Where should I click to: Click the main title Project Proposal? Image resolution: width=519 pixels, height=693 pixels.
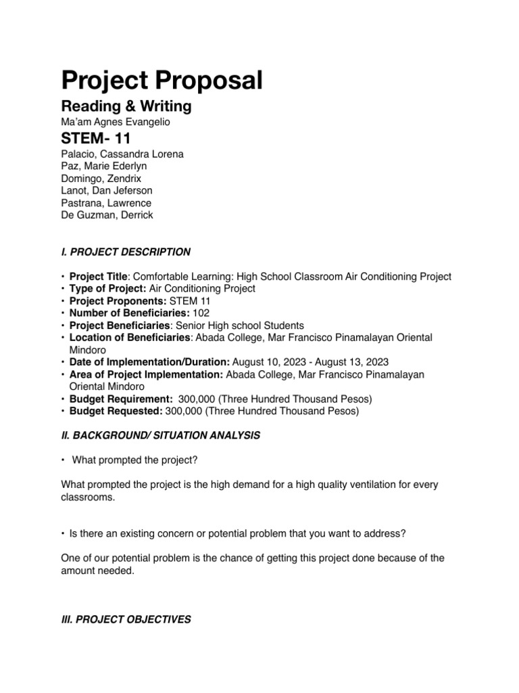click(162, 81)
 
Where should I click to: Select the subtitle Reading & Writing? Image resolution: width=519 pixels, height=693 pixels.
click(126, 106)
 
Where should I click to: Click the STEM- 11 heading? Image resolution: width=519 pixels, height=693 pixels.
click(96, 140)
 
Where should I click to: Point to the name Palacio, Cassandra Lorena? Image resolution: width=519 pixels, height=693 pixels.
click(122, 154)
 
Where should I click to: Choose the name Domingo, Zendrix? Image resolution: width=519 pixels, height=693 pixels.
click(101, 179)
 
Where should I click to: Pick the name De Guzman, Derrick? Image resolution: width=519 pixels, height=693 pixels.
click(107, 215)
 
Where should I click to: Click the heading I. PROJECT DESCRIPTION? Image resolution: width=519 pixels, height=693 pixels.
click(126, 252)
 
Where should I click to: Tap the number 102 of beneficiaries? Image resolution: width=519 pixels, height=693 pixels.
click(201, 313)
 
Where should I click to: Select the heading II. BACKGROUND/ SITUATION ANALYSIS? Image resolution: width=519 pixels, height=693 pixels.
click(160, 436)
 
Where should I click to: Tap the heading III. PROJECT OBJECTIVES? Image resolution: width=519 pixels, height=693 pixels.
click(126, 619)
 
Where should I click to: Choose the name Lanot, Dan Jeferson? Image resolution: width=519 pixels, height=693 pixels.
click(107, 191)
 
